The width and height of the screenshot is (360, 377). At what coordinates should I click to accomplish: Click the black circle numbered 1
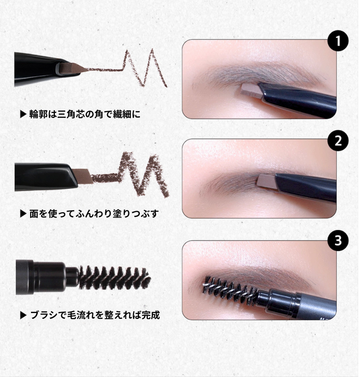337,41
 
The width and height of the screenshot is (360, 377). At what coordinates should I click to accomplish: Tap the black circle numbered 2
337,141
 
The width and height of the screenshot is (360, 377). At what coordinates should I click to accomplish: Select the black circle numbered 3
337,241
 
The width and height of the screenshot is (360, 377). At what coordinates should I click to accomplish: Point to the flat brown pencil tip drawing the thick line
83,176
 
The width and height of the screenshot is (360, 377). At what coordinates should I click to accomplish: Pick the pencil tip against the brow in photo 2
266,181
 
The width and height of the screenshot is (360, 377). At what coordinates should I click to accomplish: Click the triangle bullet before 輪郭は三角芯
23,114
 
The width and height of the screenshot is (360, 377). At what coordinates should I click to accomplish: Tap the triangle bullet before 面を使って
23,213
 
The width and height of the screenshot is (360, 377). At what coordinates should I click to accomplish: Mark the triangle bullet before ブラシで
23,315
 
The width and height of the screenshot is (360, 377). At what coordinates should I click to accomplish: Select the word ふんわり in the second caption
95,213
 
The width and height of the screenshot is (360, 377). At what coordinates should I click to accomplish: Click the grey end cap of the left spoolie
25,277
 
